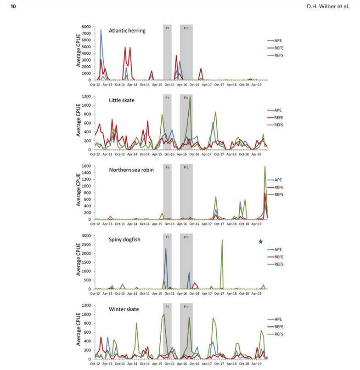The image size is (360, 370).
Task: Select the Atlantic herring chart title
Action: [127, 31]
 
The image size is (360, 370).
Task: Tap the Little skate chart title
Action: [122, 100]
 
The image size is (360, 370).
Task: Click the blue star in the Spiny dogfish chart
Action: [260, 242]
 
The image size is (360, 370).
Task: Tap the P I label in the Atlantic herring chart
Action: [167, 28]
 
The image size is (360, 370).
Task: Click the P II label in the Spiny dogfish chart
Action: [186, 237]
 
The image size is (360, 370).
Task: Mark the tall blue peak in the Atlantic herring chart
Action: [101, 30]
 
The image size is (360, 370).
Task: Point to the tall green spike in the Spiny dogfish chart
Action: [222, 240]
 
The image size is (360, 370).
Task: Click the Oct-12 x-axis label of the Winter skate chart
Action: [95, 364]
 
